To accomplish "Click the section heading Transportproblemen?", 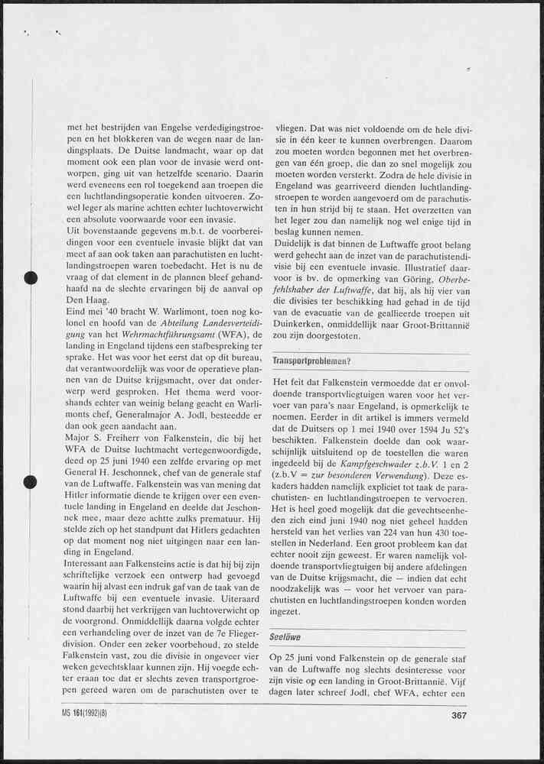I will pos(311,361).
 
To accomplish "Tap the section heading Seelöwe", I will pos(285,636).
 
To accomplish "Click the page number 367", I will pos(459,715).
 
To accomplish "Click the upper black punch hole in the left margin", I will pos(31,277).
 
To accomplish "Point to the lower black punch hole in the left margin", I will pos(31,481).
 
